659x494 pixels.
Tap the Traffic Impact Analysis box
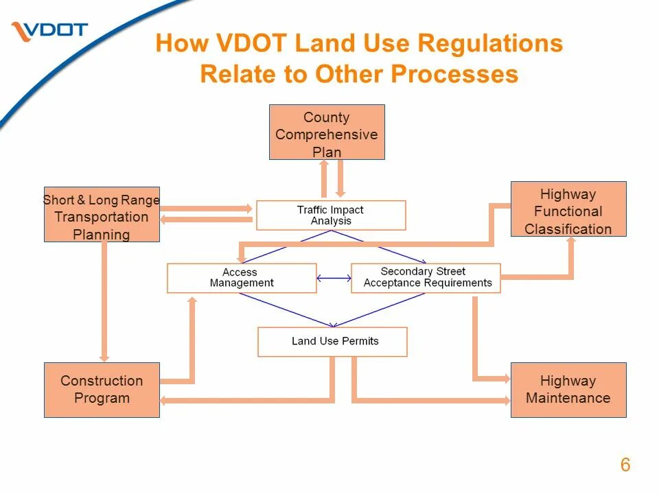pyautogui.click(x=331, y=215)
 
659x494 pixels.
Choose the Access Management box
pyautogui.click(x=242, y=278)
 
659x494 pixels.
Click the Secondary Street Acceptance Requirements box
pyautogui.click(x=426, y=278)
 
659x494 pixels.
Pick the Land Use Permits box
pyautogui.click(x=332, y=342)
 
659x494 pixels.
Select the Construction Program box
pyautogui.click(x=102, y=390)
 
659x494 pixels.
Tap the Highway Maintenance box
pyautogui.click(x=568, y=390)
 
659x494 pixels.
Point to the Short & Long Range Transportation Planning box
pyautogui.click(x=102, y=214)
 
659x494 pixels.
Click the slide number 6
pyautogui.click(x=625, y=465)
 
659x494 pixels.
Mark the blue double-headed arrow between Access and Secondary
pyautogui.click(x=334, y=278)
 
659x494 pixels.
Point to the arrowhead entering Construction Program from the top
pyautogui.click(x=104, y=357)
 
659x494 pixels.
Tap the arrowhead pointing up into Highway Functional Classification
pyautogui.click(x=571, y=242)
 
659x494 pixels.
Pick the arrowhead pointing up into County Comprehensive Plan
pyautogui.click(x=323, y=165)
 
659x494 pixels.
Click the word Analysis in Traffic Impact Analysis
pyautogui.click(x=331, y=221)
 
